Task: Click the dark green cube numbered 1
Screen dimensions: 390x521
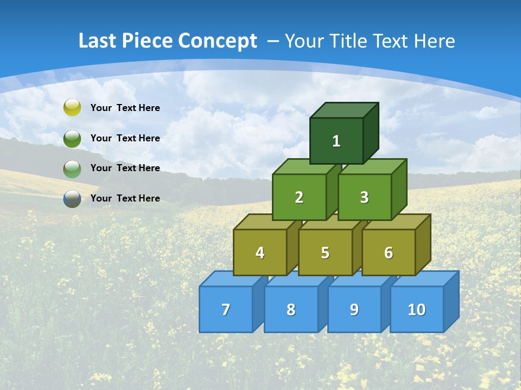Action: pyautogui.click(x=336, y=141)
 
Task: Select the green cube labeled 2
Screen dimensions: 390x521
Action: pyautogui.click(x=299, y=197)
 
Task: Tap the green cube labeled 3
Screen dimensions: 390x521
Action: pyautogui.click(x=364, y=197)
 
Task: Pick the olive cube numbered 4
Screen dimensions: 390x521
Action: pyautogui.click(x=260, y=252)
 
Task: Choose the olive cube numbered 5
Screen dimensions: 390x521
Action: pyautogui.click(x=325, y=252)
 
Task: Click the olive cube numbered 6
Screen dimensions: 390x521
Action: pyautogui.click(x=388, y=252)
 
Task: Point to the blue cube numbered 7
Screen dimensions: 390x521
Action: pyautogui.click(x=226, y=309)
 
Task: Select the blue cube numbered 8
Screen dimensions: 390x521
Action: pyautogui.click(x=291, y=309)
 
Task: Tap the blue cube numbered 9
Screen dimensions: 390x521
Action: pyautogui.click(x=354, y=309)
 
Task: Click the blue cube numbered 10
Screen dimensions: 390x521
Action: pyautogui.click(x=416, y=309)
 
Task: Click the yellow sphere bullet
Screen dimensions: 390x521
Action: pyautogui.click(x=72, y=108)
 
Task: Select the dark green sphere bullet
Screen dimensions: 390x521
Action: pyautogui.click(x=72, y=138)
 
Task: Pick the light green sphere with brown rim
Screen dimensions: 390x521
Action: pyautogui.click(x=72, y=168)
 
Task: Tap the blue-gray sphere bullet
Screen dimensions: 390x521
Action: pyautogui.click(x=72, y=199)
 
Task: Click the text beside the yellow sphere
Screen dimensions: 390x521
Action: pyautogui.click(x=125, y=108)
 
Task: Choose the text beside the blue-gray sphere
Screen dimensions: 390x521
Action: pyautogui.click(x=125, y=198)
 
